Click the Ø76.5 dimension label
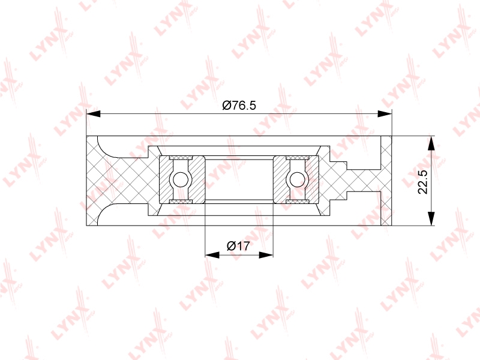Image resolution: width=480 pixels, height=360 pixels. [x=239, y=106]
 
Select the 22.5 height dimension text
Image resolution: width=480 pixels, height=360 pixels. [x=423, y=182]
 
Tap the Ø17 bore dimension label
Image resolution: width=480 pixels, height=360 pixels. [x=238, y=246]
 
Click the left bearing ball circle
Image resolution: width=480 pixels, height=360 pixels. [x=181, y=179]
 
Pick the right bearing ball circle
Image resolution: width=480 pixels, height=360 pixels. [x=297, y=179]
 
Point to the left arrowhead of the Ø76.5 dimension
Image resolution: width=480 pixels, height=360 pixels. [x=94, y=114]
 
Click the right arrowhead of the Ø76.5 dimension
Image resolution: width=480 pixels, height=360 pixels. [x=385, y=114]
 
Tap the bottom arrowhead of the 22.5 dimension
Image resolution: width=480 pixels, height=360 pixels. [x=431, y=218]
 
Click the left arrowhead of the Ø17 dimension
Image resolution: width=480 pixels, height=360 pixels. [x=212, y=255]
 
